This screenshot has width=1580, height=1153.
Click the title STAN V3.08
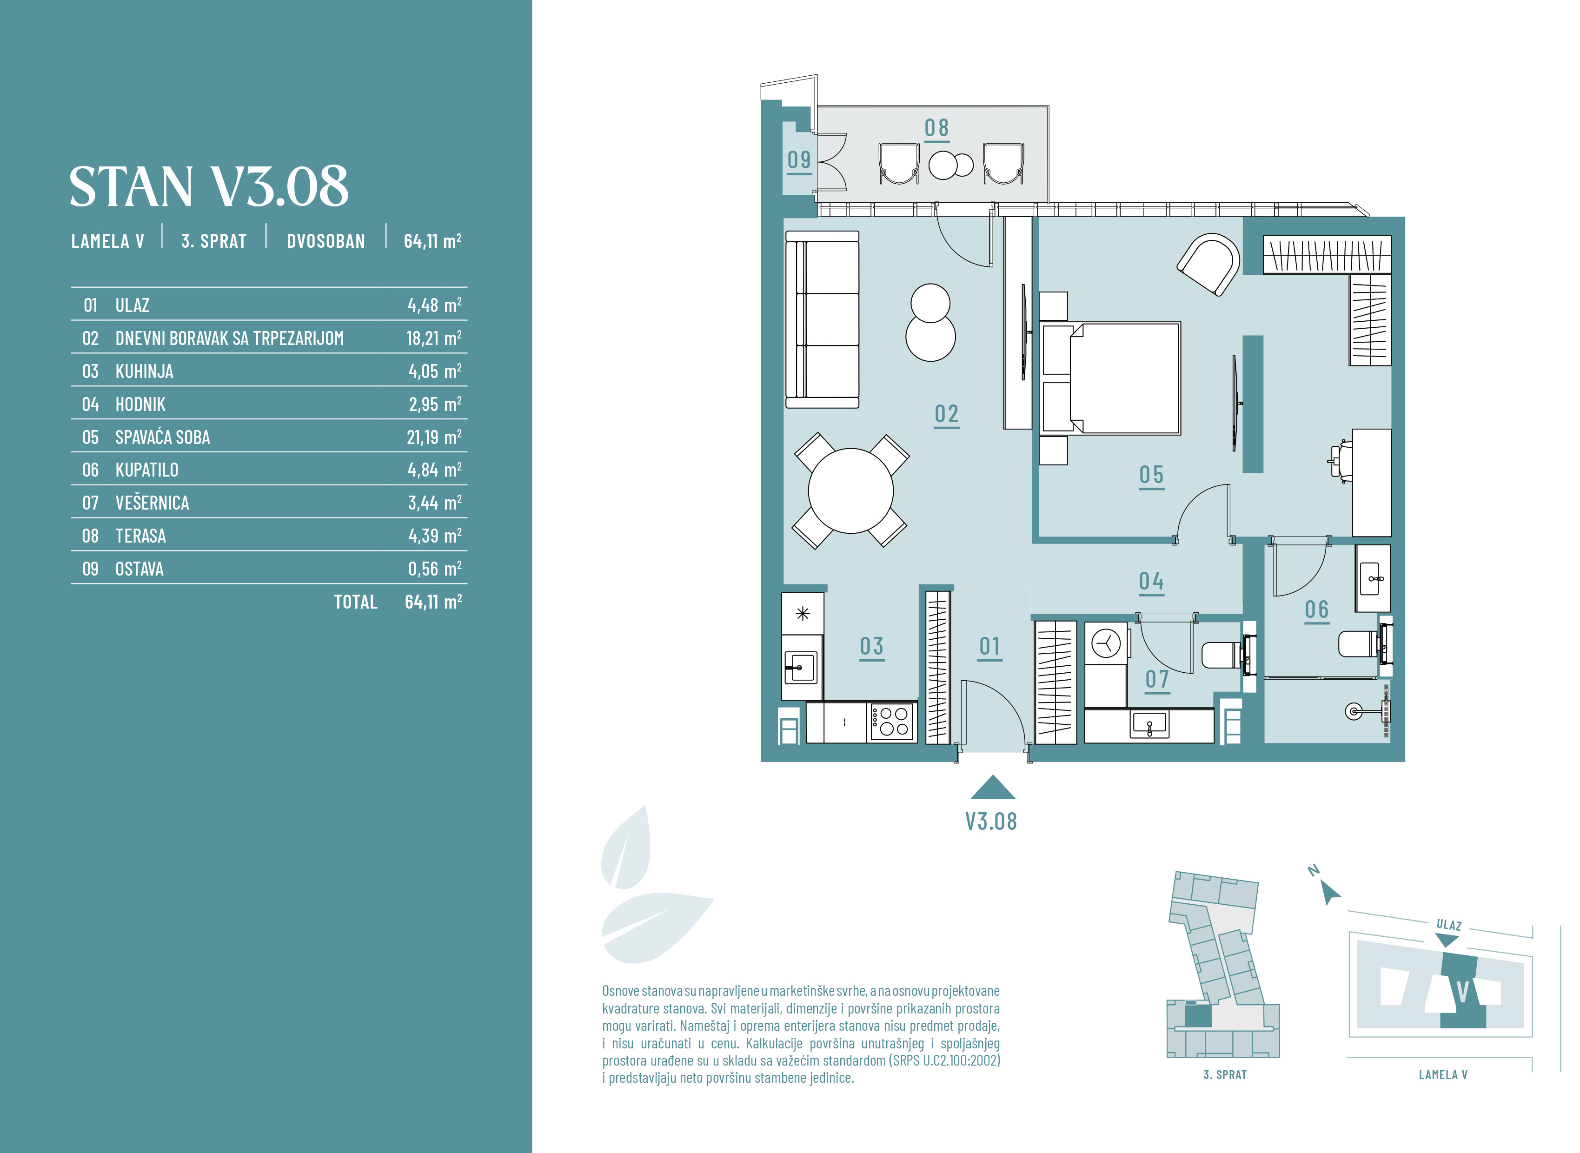pyautogui.click(x=209, y=186)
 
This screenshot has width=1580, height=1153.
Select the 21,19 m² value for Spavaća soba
pyautogui.click(x=434, y=437)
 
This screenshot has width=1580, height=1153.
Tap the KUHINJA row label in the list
pyautogui.click(x=145, y=371)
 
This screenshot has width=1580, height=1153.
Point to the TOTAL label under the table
pyautogui.click(x=356, y=602)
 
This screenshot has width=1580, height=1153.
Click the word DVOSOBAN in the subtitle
pyautogui.click(x=326, y=241)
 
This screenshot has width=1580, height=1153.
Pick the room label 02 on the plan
pyautogui.click(x=947, y=415)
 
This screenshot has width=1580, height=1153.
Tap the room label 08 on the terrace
pyautogui.click(x=936, y=128)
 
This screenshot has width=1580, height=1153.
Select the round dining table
pyautogui.click(x=851, y=490)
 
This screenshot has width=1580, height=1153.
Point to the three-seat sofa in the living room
pyautogui.click(x=822, y=320)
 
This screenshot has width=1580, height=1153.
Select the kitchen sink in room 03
pyautogui.click(x=802, y=667)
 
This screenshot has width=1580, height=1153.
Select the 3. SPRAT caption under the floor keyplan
pyautogui.click(x=1225, y=1075)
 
